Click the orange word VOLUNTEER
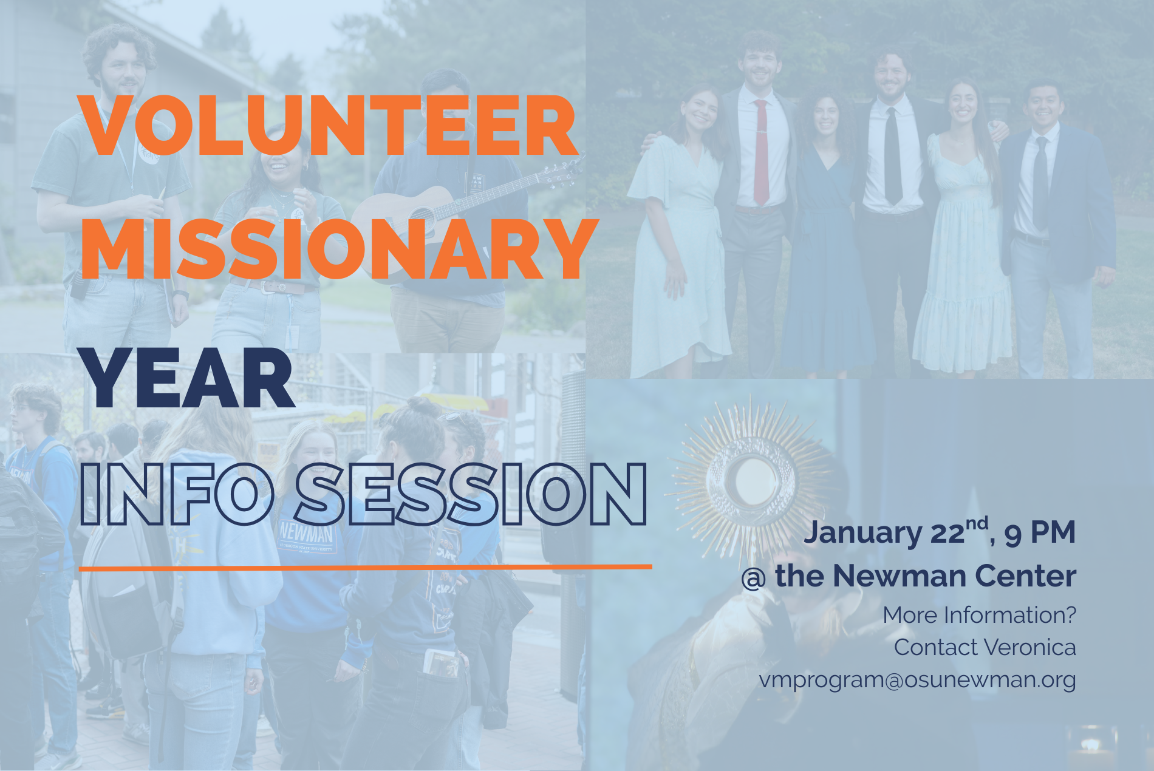[x=328, y=126]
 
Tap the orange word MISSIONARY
[x=340, y=250]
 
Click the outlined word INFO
[x=176, y=494]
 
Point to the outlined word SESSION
[x=471, y=494]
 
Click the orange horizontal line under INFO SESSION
[x=364, y=568]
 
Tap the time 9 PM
[x=1039, y=532]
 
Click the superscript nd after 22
[x=976, y=523]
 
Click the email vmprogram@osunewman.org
[x=917, y=679]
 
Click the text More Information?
[x=979, y=615]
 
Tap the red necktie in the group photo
[x=760, y=152]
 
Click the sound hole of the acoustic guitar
[x=420, y=215]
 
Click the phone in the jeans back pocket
[x=442, y=662]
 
